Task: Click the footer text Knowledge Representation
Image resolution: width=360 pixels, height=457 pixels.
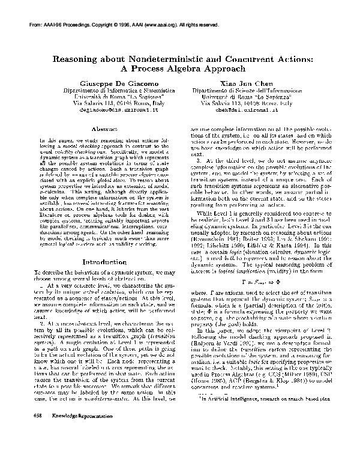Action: tap(67, 432)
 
